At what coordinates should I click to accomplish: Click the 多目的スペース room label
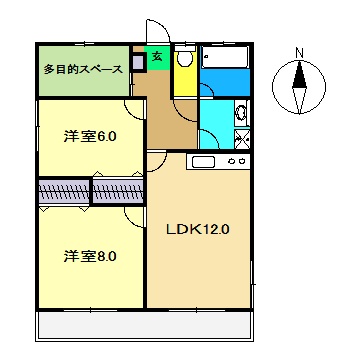click(83, 70)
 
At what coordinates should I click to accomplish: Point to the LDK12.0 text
click(198, 228)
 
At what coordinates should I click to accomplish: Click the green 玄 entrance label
click(157, 57)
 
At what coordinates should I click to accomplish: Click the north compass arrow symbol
click(299, 87)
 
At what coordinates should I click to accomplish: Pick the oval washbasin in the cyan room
click(240, 113)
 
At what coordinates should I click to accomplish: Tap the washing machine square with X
click(241, 138)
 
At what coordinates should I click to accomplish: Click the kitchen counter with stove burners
click(218, 162)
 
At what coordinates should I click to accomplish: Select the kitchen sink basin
click(202, 162)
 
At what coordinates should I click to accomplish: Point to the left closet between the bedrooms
click(63, 191)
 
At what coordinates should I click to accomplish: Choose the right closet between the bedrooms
click(118, 191)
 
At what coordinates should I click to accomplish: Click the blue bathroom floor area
click(225, 80)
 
